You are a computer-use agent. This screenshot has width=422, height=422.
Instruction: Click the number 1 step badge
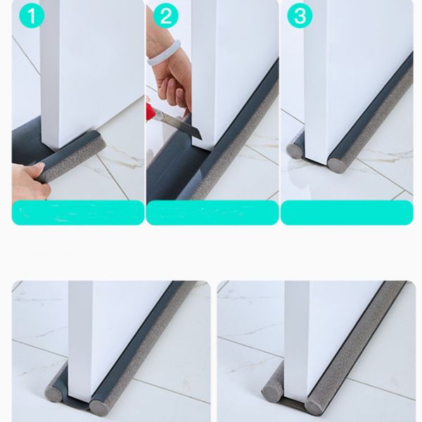point(32,15)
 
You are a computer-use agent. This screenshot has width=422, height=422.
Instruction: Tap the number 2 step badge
point(166,15)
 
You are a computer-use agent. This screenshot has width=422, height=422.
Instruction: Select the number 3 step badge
point(300,15)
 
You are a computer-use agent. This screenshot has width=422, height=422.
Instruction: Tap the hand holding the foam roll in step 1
point(29,180)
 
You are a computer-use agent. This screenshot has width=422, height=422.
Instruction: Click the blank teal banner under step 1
point(78,212)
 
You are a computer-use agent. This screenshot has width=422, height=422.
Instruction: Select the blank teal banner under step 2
point(212,212)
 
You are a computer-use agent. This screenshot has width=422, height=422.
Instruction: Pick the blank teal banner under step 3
point(347,212)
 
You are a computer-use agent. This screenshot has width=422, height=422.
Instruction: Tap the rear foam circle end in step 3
point(295,151)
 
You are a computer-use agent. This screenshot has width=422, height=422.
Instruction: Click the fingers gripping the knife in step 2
point(173,89)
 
